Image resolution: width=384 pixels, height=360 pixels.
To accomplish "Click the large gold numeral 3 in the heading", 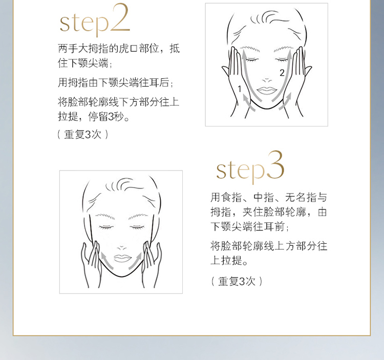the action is [x=275, y=165].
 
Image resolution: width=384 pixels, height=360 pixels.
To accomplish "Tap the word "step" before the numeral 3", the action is [x=241, y=171].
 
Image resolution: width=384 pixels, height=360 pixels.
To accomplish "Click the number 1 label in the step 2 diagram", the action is [x=240, y=89].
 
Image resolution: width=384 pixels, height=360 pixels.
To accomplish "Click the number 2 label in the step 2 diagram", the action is [x=282, y=73].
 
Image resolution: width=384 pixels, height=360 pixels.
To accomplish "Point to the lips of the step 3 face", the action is [x=122, y=258].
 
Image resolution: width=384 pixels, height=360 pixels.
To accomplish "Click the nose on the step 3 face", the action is [x=122, y=248].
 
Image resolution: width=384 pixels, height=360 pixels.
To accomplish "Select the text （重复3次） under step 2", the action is [x=83, y=135].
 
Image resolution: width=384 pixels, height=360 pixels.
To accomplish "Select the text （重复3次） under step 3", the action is [x=237, y=281].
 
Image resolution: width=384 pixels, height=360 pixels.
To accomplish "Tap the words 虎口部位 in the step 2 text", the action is [x=139, y=49].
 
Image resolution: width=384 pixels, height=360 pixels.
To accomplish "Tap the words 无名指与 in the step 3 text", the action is [x=306, y=197].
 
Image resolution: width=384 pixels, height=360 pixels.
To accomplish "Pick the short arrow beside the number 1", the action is [x=248, y=102].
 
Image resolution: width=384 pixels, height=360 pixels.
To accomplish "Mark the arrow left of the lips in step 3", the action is [x=106, y=261].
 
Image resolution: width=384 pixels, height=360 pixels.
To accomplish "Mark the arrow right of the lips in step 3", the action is [x=135, y=261].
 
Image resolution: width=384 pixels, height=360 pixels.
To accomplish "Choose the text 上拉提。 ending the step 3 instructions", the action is [x=229, y=260].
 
